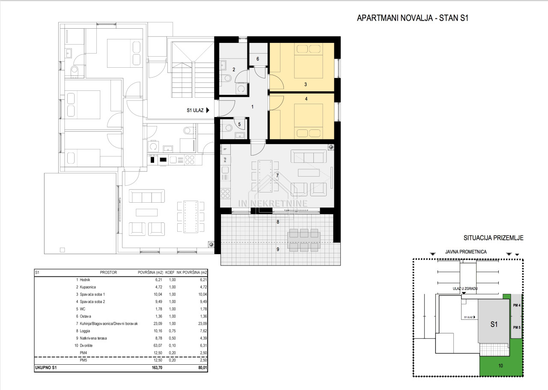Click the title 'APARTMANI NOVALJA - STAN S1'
412,18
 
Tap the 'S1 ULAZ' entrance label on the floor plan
195,110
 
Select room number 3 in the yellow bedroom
305,84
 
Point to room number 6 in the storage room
258,59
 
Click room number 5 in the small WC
239,124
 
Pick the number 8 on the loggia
278,222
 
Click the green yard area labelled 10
500,366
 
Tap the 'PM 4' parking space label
517,305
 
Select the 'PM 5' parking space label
517,327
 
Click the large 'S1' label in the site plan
494,324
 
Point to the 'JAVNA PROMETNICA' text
466,252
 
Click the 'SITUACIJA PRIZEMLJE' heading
494,238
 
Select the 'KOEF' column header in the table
170,273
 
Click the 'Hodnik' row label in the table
85,280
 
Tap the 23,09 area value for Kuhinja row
158,324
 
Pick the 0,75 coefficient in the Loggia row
172,331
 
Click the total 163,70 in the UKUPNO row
157,368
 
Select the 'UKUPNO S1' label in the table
46,368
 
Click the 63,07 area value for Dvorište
158,346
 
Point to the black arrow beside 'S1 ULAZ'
208,110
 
